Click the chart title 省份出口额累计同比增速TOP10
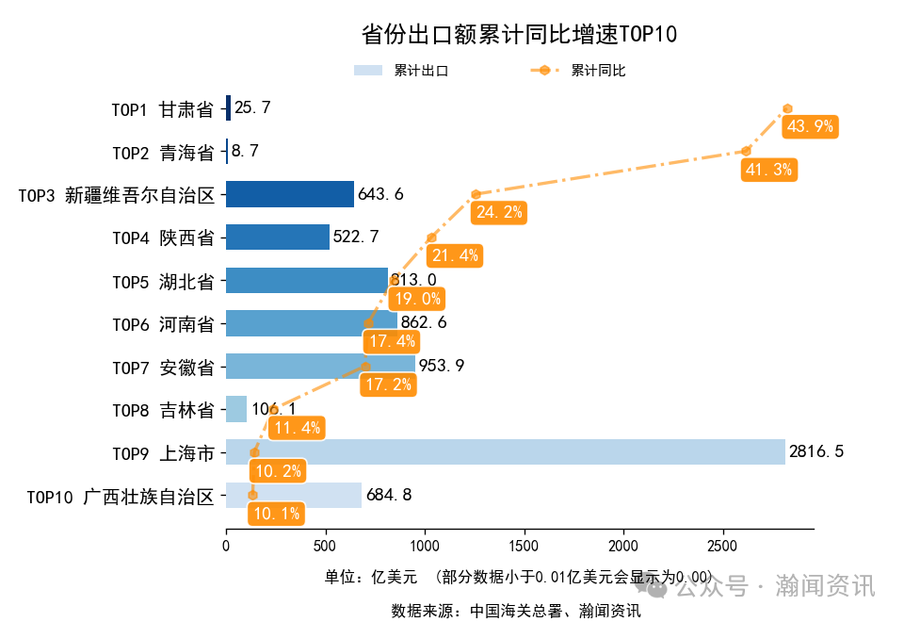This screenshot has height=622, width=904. click(x=519, y=35)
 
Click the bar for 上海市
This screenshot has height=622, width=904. click(x=505, y=452)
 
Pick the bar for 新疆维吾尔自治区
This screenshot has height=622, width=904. click(x=290, y=194)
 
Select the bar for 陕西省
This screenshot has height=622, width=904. click(x=278, y=237)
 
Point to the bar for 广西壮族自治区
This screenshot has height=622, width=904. click(x=294, y=495)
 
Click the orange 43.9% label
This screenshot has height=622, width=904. click(x=810, y=127)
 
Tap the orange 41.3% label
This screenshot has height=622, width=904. click(x=769, y=170)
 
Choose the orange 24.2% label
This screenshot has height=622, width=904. click(x=499, y=212)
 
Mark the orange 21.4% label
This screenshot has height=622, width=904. click(x=455, y=254)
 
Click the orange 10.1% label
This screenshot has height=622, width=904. click(x=276, y=514)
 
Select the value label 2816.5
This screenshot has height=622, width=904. click(x=816, y=452)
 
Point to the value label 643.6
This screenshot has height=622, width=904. click(x=380, y=194)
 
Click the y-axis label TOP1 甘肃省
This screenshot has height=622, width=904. click(x=162, y=109)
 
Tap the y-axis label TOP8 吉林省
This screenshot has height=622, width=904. click(x=162, y=410)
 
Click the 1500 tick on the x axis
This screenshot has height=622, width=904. click(x=524, y=546)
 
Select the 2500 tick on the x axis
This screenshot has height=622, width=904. click(x=722, y=546)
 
